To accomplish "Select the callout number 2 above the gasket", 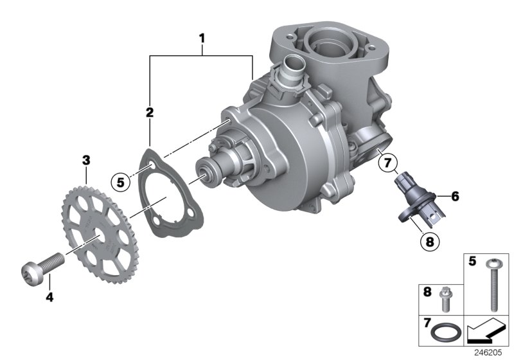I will click(x=149, y=113).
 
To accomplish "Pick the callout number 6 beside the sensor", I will click(x=454, y=196).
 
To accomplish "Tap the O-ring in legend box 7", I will click(x=447, y=335).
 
